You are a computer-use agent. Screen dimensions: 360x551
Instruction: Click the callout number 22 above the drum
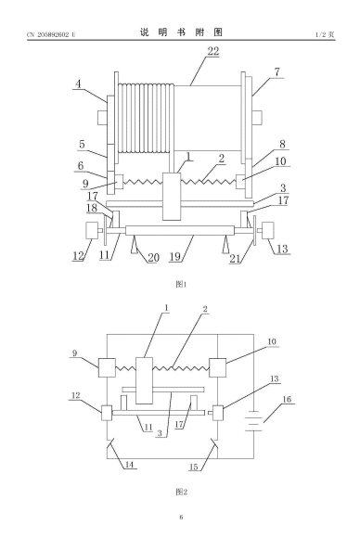point(213,51)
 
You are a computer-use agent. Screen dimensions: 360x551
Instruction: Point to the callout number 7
point(277,72)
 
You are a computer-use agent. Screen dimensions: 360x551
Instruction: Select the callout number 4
point(78,84)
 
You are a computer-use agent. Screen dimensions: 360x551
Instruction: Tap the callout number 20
point(153,258)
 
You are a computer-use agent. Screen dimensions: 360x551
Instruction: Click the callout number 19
point(174,257)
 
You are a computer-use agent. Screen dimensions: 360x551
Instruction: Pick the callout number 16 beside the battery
point(287,399)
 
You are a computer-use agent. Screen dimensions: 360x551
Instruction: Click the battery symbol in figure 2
point(253,420)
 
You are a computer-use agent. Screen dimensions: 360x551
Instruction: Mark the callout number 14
point(129,464)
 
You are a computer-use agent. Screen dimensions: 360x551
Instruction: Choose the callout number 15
point(194,467)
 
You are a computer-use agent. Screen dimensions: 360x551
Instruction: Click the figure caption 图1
point(181,284)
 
